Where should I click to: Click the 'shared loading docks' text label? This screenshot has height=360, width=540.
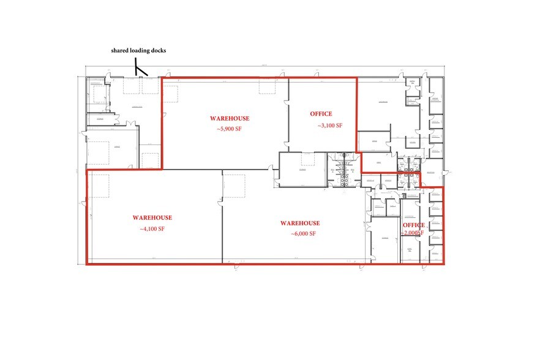tap(138, 51)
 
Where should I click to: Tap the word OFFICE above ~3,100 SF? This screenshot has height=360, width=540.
tap(321, 114)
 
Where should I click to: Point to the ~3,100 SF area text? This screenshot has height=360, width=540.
tap(329, 126)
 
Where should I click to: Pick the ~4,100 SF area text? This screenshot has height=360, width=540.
tap(152, 229)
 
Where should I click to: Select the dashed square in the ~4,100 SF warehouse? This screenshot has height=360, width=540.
tap(100, 185)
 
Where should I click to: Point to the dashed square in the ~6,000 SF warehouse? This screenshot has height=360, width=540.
tap(234, 186)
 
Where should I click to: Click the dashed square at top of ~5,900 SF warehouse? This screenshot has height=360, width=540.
tap(267, 86)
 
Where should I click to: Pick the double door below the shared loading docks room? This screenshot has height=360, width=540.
tap(130, 124)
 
